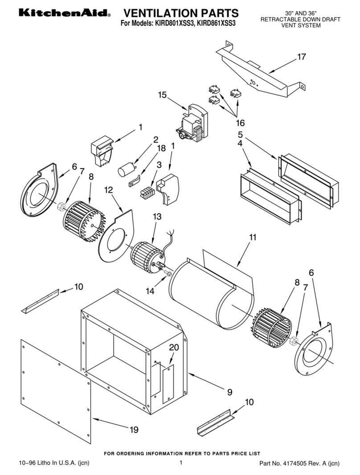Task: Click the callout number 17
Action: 302,57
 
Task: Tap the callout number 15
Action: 162,95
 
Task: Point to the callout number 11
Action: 253,237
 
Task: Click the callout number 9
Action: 229,392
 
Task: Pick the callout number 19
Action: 134,430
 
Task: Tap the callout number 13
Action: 157,217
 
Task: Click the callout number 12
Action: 109,190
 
